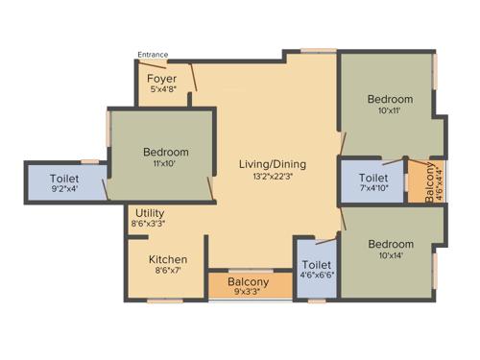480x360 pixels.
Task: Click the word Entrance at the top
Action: coord(154,55)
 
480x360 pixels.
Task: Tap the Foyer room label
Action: coord(161,79)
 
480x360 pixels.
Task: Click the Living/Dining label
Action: coord(272,163)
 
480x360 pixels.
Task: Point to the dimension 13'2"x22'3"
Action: coord(272,177)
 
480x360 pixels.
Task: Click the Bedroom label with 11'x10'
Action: coord(166,152)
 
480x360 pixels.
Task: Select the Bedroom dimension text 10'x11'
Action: coord(389,111)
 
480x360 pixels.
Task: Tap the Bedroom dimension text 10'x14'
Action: coord(390,256)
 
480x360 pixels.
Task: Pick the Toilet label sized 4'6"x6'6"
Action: coord(316,265)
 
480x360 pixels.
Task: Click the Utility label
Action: coord(152,212)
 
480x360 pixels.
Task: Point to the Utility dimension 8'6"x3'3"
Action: coord(152,224)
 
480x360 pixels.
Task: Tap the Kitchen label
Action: coord(167,259)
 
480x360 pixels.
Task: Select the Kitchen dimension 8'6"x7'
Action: coord(167,272)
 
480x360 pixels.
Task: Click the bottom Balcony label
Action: coord(249,282)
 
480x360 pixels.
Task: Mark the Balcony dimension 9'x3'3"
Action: coord(249,293)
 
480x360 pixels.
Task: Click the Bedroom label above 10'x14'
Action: coord(390,244)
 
